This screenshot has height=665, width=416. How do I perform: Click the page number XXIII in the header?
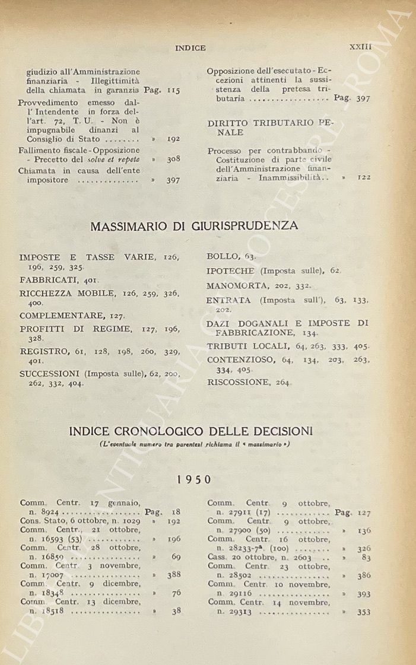coord(360,46)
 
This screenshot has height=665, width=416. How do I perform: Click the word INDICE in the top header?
coord(190,48)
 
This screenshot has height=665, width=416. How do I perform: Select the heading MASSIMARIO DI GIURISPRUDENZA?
coord(194,225)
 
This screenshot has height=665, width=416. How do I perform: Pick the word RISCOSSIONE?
coord(237,383)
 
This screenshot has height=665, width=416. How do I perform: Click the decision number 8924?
coord(49,511)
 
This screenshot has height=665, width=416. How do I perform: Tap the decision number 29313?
coord(239,611)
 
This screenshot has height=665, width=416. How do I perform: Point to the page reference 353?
coord(364,612)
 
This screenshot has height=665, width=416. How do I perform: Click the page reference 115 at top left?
coord(173,91)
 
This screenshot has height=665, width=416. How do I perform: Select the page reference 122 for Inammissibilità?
coord(364,177)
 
